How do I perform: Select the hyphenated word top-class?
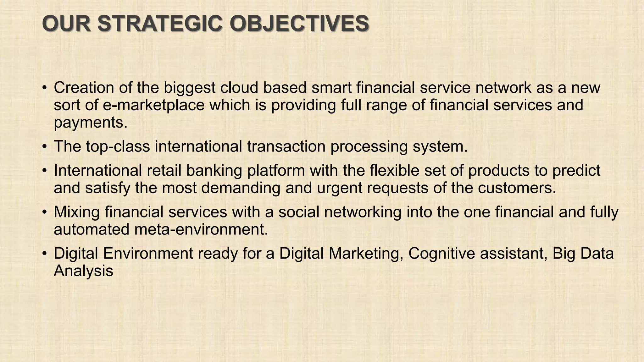coord(118,147)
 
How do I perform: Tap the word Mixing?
coord(77,212)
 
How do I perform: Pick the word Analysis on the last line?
coord(83,271)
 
